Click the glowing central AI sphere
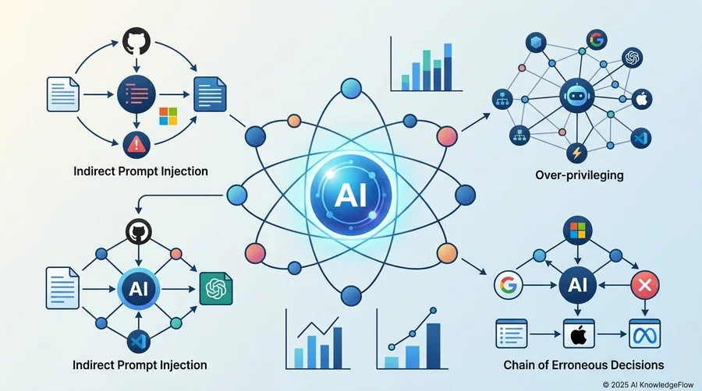click(350, 195)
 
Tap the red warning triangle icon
click(136, 144)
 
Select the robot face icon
click(577, 96)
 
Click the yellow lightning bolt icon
click(576, 153)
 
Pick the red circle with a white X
click(645, 284)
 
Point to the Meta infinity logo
click(645, 334)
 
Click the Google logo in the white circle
click(509, 284)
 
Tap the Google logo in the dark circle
click(597, 40)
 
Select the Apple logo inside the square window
click(579, 334)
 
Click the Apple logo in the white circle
click(642, 99)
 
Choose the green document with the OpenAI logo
click(216, 289)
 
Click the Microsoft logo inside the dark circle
click(577, 230)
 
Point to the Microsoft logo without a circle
click(168, 116)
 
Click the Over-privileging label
click(580, 174)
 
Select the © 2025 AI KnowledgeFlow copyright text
click(648, 385)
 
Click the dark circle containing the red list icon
click(136, 94)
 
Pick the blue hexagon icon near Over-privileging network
click(536, 43)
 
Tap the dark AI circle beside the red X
click(577, 284)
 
